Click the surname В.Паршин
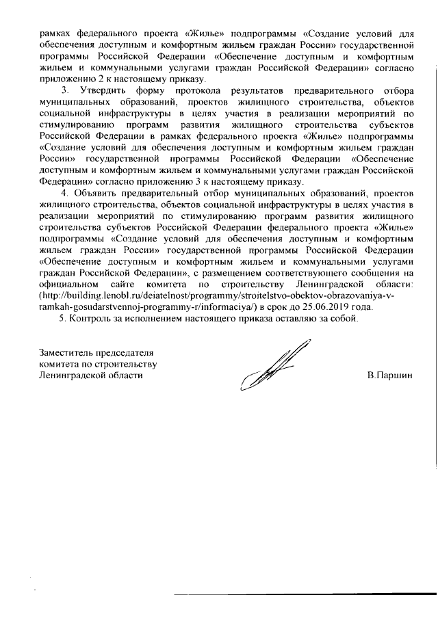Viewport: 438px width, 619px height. point(390,376)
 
